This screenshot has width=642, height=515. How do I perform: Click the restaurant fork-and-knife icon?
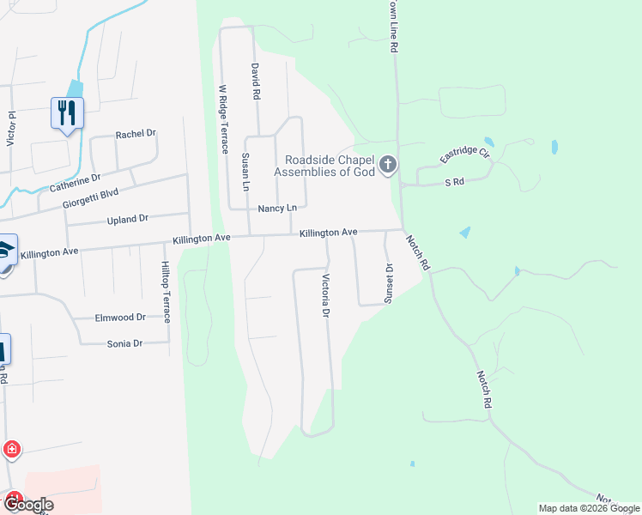coord(67,112)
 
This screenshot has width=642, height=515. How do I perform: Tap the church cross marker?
coord(388,163)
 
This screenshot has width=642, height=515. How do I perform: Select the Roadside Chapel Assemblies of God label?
coord(327,165)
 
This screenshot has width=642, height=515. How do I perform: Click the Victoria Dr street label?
coord(325,295)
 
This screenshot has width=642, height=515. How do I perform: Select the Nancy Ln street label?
coord(277,209)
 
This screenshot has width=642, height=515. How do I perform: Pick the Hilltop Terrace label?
coord(165,293)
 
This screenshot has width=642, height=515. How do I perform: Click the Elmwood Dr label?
coord(122,317)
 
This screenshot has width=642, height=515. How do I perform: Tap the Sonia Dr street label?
coord(124,343)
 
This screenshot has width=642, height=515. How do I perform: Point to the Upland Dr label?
coord(128,220)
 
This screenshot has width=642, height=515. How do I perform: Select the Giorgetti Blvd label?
coord(90,200)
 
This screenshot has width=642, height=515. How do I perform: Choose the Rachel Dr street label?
coord(136,134)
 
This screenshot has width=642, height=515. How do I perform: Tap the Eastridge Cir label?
coord(463,155)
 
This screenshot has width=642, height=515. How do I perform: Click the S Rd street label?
coord(454,183)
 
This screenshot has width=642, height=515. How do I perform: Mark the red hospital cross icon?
coord(12,449)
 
